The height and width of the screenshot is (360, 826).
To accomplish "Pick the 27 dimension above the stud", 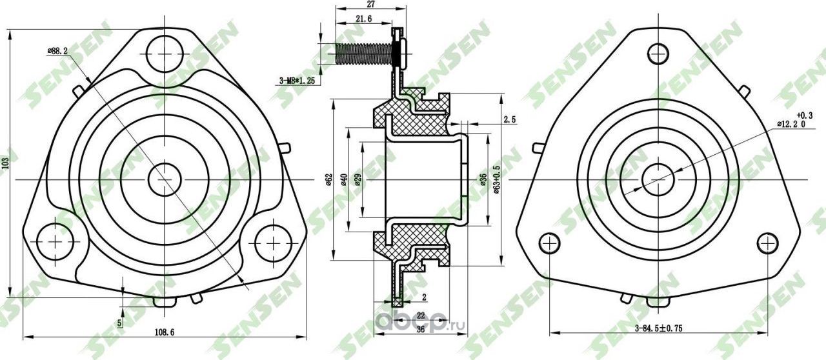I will (371, 4).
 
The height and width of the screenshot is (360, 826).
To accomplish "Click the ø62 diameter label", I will (328, 179).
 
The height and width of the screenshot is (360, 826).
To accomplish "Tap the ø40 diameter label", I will (345, 179).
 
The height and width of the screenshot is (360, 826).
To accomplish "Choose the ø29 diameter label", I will (358, 179).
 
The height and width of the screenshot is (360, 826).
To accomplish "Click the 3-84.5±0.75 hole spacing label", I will (658, 328).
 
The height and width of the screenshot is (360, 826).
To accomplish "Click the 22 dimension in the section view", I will (421, 315).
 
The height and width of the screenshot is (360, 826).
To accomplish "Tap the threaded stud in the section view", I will (365, 54).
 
